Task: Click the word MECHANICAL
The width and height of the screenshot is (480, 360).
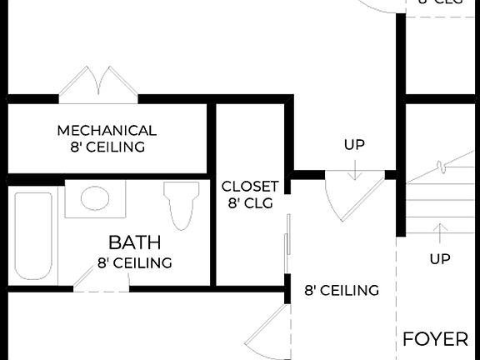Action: click(x=107, y=131)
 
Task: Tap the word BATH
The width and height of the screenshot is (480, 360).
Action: click(x=134, y=243)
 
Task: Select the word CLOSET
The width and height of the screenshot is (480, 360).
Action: click(x=250, y=186)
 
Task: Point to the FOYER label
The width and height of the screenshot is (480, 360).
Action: click(x=435, y=339)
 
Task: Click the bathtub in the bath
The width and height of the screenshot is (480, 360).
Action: click(x=33, y=235)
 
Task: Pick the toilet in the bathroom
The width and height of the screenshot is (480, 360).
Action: click(x=181, y=205)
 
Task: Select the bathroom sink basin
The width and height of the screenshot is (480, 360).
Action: click(x=94, y=200)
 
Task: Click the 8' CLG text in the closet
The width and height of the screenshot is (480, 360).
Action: click(x=250, y=202)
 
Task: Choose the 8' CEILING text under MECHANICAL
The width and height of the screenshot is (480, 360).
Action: click(x=107, y=147)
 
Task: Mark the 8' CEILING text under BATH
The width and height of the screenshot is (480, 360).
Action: click(x=134, y=262)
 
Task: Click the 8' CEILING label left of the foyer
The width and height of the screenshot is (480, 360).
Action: click(x=342, y=291)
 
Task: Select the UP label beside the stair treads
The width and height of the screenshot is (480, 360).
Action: click(x=440, y=259)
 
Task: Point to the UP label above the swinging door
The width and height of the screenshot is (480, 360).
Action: click(x=354, y=145)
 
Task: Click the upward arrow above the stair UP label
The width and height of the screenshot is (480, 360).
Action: click(x=440, y=232)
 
